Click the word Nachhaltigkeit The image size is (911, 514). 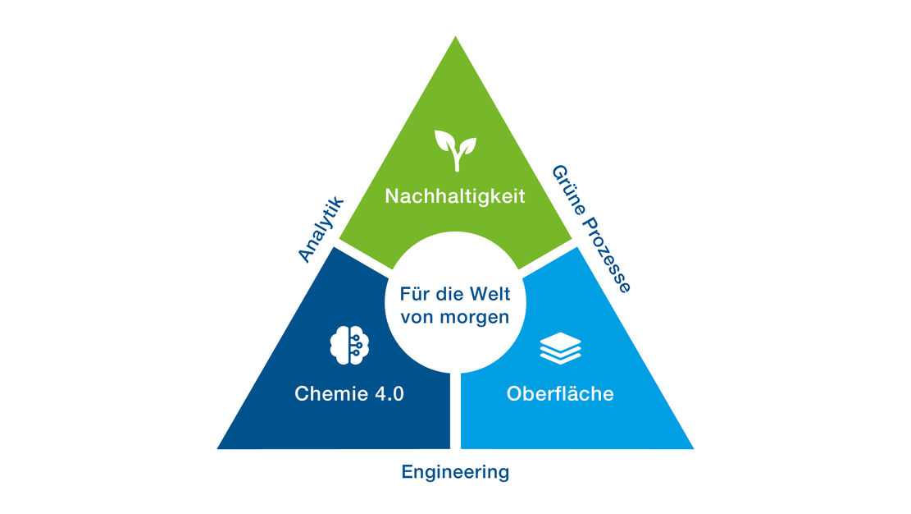click(455, 197)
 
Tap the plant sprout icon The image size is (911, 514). click(455, 151)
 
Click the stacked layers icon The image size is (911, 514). click(560, 350)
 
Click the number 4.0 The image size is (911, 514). click(388, 394)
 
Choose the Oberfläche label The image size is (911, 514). click(560, 394)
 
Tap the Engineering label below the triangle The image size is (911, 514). click(455, 472)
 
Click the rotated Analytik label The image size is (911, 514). click(319, 229)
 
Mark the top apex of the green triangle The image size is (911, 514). click(455, 38)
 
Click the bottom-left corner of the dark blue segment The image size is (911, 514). click(219, 447)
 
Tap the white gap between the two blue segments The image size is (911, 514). click(455, 411)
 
